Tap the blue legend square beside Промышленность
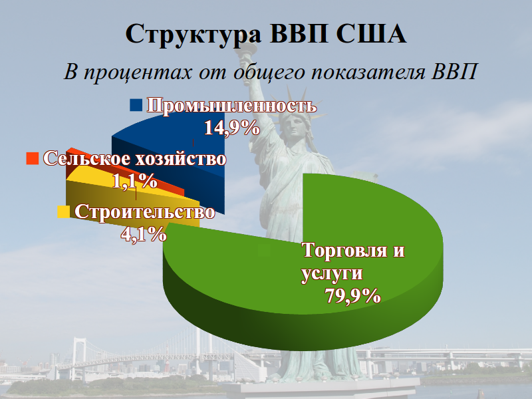coord(136,106)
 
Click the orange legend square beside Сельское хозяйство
coord(31,158)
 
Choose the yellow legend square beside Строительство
coord(64,212)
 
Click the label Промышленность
coord(231,106)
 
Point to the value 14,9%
coord(231,127)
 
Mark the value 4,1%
coord(142,233)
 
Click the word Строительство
coord(144,212)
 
